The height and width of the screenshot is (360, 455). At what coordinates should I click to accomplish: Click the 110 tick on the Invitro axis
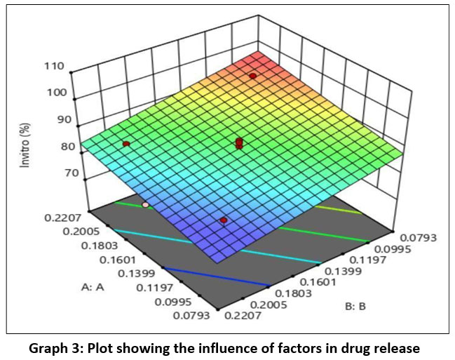coord(54,67)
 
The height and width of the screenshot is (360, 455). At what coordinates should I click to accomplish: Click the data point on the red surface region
coord(252,75)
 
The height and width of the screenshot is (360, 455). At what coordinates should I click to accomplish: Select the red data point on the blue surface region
coord(224,220)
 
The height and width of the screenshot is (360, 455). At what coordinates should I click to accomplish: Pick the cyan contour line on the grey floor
coord(210,247)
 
